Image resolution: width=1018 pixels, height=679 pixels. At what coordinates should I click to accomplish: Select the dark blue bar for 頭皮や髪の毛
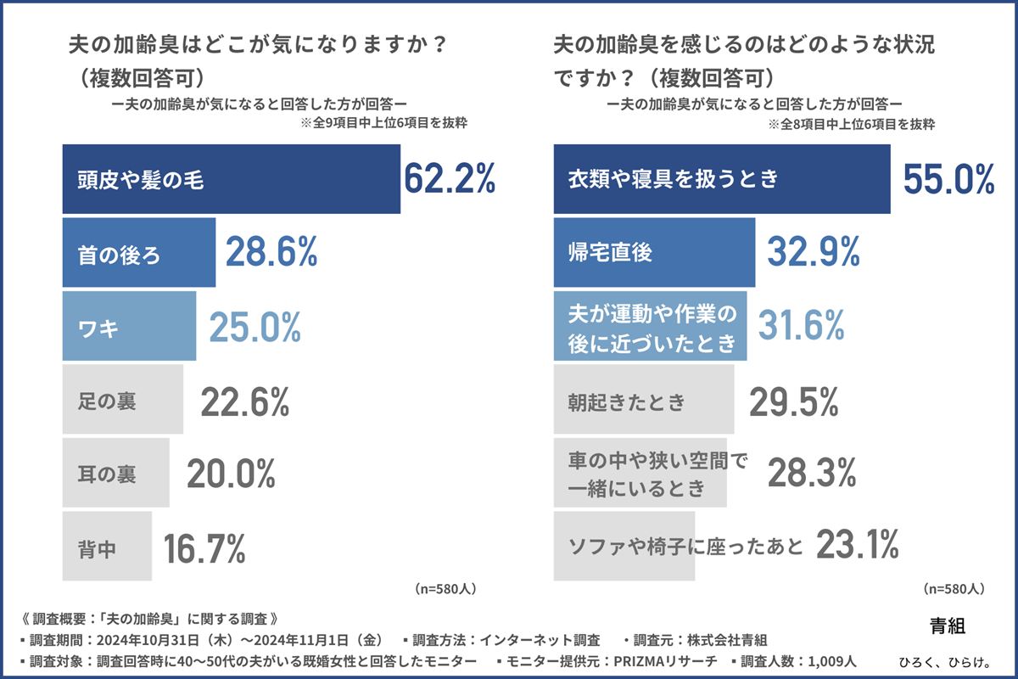[231, 179]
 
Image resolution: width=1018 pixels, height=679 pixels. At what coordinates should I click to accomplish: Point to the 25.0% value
[255, 326]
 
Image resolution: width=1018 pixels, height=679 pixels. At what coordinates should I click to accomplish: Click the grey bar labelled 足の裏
[123, 400]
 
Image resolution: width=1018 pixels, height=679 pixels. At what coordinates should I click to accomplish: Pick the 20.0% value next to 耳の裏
[232, 474]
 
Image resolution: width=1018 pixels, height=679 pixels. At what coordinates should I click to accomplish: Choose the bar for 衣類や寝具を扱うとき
[721, 179]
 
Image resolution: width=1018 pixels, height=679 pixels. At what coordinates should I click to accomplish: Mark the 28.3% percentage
[810, 474]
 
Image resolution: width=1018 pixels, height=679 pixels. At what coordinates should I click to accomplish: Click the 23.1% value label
[857, 545]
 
